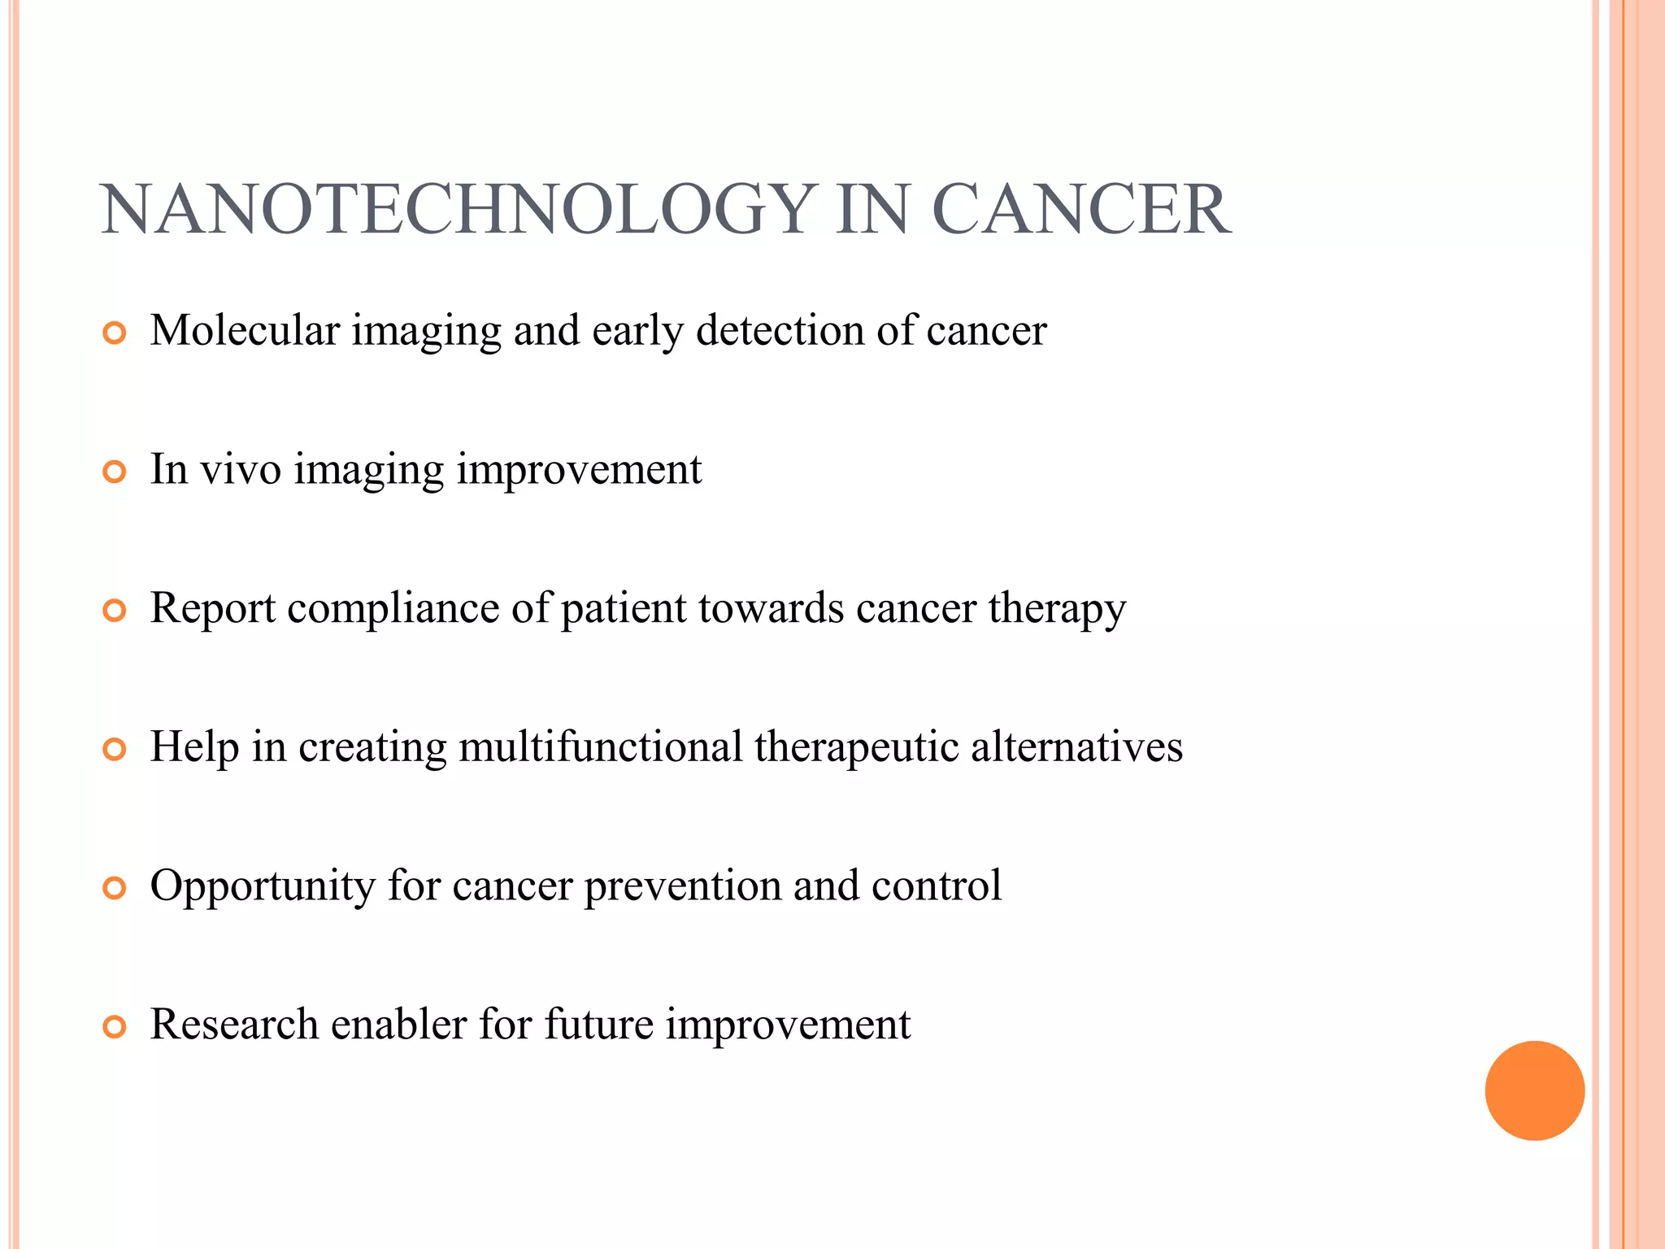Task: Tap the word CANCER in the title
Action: click(1080, 210)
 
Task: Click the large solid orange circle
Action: click(1534, 1090)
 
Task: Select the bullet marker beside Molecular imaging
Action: click(115, 333)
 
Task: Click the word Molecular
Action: click(245, 330)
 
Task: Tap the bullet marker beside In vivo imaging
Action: click(115, 472)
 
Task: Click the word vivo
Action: click(241, 469)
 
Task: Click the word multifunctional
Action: click(601, 746)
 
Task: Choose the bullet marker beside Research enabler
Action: click(115, 1027)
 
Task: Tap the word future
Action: click(598, 1024)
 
